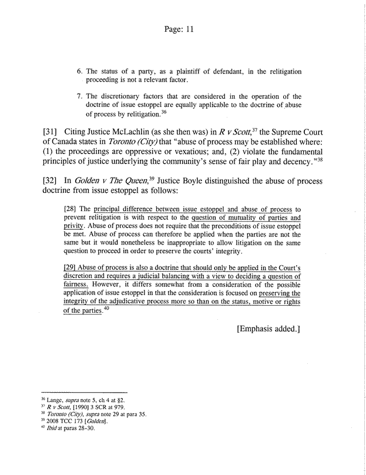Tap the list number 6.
80,72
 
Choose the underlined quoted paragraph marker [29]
70,268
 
